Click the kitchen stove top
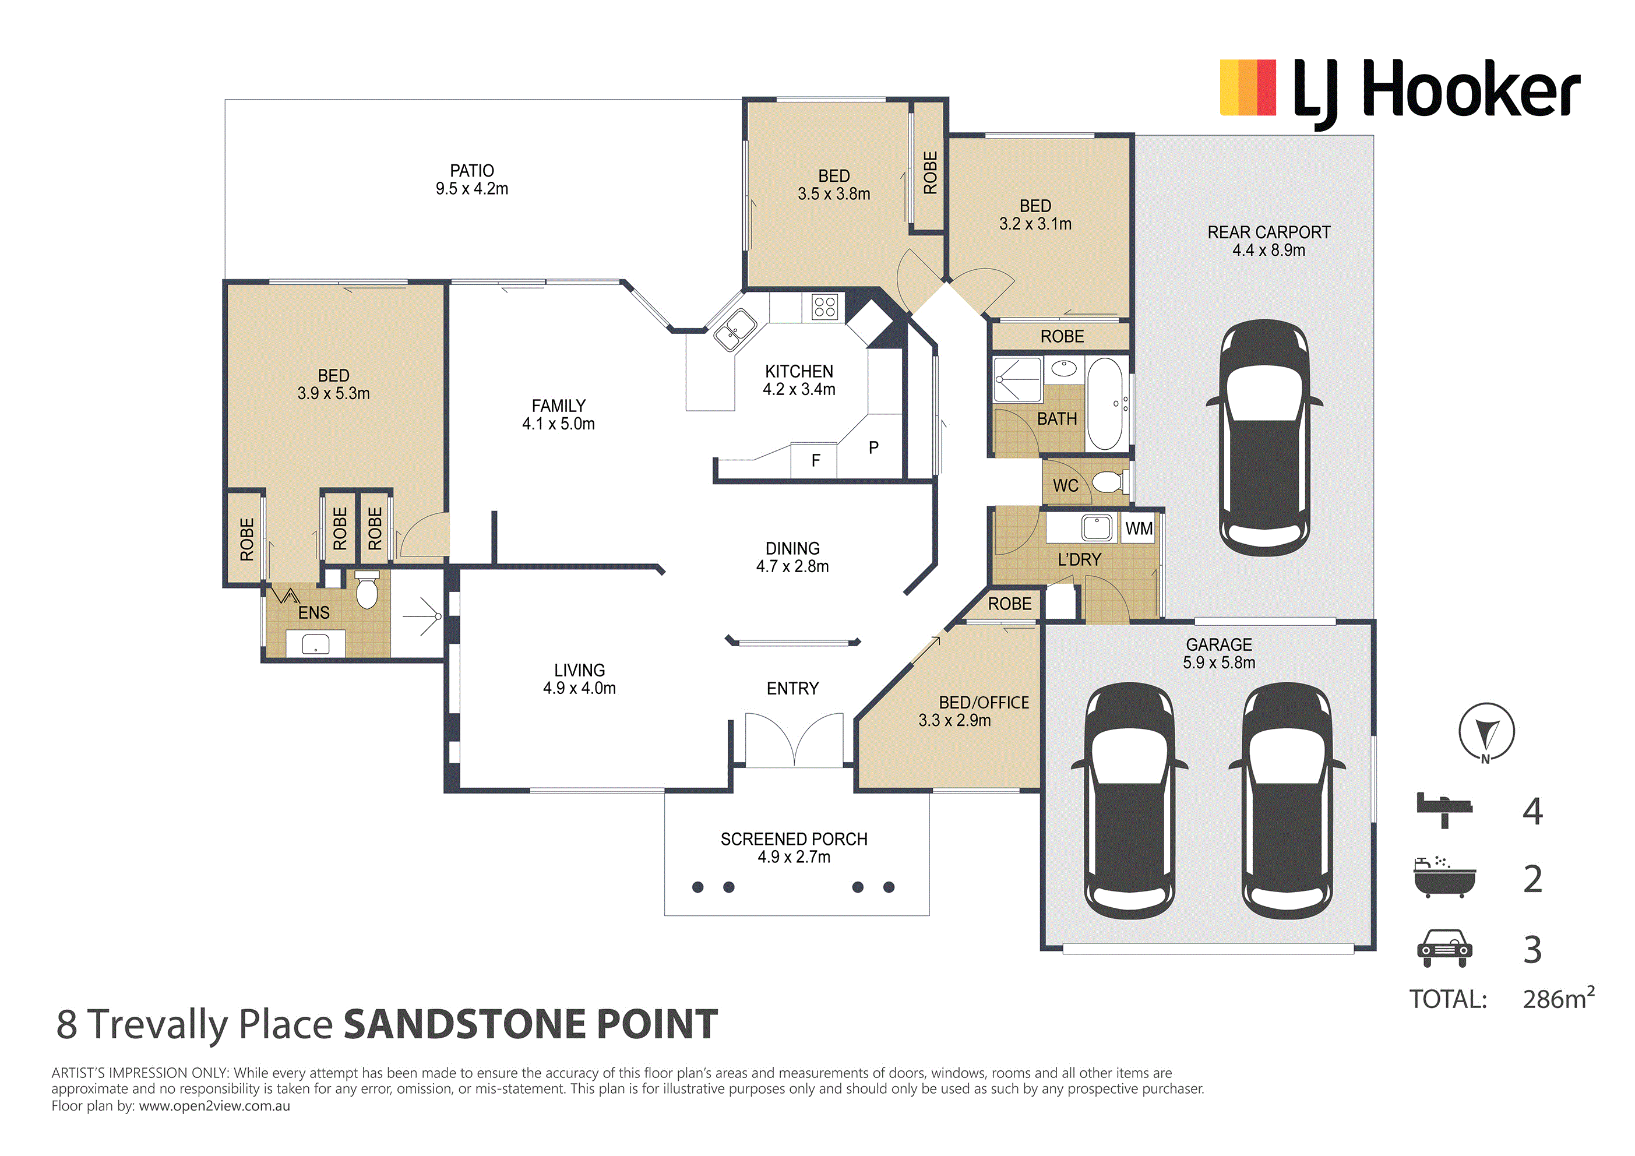pos(824,307)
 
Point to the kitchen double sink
pos(735,330)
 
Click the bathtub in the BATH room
pos(1105,404)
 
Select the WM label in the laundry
pos(1139,528)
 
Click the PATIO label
pos(471,171)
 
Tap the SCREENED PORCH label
pos(794,839)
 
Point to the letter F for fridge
pos(816,461)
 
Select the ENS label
pos(314,612)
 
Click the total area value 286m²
pos(1558,998)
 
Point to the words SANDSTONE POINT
pos(530,1024)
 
